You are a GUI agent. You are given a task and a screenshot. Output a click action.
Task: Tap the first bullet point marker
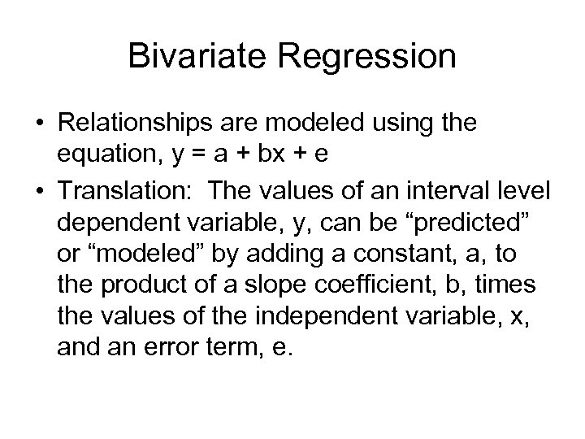click(38, 124)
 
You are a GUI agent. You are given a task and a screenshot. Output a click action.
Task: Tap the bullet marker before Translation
click(38, 191)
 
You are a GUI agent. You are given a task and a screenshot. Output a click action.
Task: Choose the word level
click(528, 191)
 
